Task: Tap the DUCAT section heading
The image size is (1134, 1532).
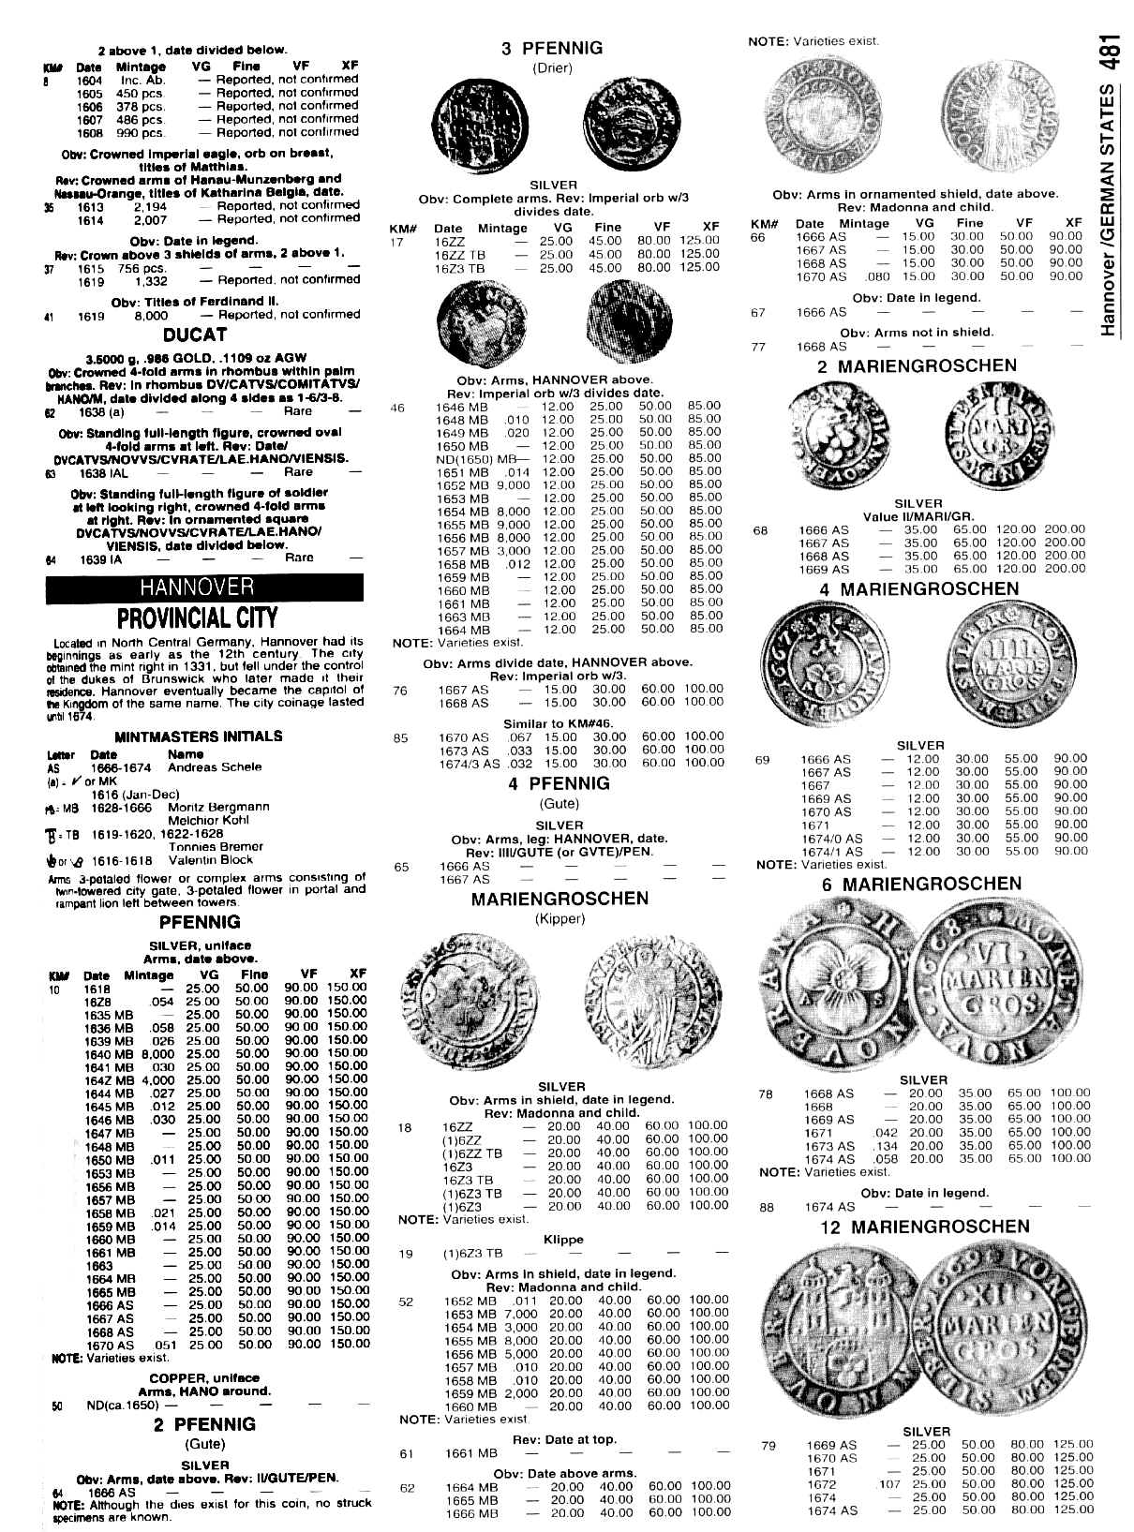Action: click(195, 335)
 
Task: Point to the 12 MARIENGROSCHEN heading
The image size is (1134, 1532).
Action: click(923, 1227)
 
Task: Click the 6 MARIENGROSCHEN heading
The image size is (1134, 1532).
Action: click(921, 884)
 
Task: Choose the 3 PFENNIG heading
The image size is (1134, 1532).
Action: click(552, 49)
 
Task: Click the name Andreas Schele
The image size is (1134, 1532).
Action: click(215, 766)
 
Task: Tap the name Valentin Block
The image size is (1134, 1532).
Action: click(211, 859)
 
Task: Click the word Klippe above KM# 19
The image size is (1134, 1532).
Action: click(562, 1239)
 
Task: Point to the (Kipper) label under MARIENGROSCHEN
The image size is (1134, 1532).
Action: click(560, 918)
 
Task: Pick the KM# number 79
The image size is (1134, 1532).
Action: click(768, 1445)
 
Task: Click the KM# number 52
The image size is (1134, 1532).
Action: click(406, 1301)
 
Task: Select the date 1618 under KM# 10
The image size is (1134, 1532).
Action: click(97, 989)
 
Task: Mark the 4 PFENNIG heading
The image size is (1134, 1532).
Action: click(560, 782)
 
